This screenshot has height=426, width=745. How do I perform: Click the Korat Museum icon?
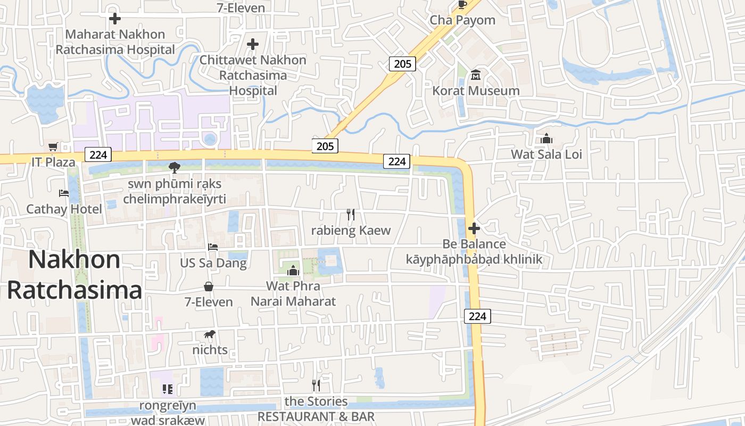(x=476, y=75)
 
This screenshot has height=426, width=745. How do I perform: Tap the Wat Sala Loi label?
(x=547, y=154)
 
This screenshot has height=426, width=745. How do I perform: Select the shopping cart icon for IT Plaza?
(x=53, y=146)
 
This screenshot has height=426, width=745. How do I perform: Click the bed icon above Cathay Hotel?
(x=64, y=193)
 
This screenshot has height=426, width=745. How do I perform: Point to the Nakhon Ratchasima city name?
(x=74, y=275)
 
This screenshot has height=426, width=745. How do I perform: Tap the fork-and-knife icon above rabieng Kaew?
(x=351, y=215)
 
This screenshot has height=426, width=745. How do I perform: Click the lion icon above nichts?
(x=210, y=334)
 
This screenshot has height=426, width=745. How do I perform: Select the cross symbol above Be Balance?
(x=474, y=229)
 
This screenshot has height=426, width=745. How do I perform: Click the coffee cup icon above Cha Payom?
(x=462, y=5)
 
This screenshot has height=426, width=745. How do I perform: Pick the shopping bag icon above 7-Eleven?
(x=209, y=286)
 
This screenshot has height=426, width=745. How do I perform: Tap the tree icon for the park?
(x=174, y=168)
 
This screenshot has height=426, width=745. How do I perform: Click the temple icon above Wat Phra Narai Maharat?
(x=293, y=271)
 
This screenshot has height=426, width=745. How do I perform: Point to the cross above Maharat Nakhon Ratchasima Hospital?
(x=115, y=19)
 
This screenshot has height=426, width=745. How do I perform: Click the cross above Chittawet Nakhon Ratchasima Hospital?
(x=253, y=44)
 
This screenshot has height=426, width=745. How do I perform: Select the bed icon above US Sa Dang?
(x=213, y=247)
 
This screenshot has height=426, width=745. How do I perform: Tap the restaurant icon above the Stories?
(x=316, y=385)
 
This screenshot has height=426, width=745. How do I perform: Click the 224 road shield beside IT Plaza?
(x=98, y=155)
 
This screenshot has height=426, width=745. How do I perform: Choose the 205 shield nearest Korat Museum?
(x=402, y=64)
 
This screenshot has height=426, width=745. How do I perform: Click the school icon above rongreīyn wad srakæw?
(x=168, y=389)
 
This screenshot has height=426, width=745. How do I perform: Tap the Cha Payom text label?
(x=462, y=20)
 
